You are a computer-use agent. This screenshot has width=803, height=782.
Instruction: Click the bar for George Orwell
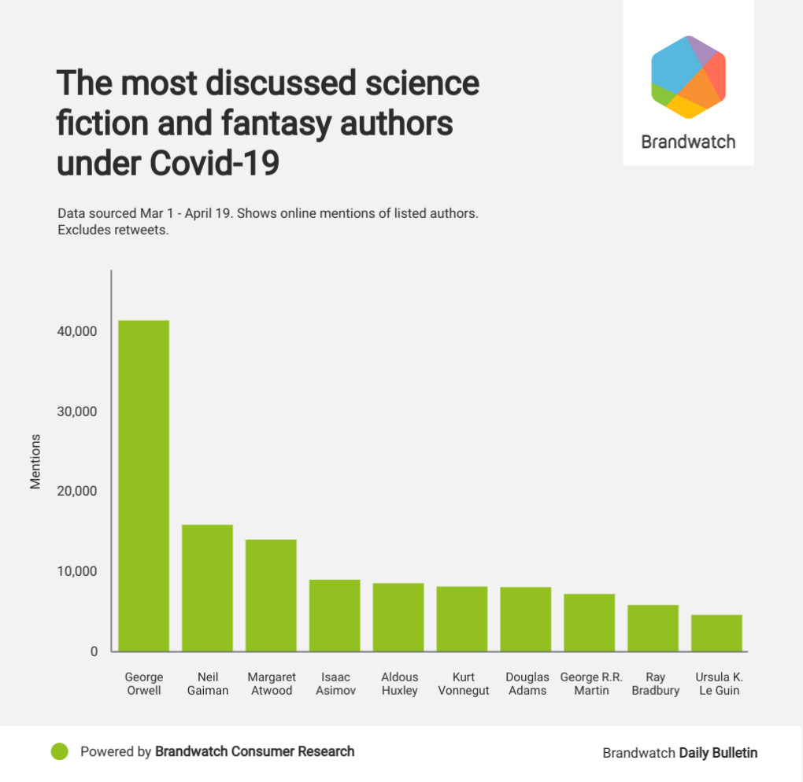pyautogui.click(x=143, y=485)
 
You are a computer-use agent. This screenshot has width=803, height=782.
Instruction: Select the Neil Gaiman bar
pyautogui.click(x=207, y=588)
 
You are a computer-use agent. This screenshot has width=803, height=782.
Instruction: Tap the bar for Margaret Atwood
pyautogui.click(x=271, y=595)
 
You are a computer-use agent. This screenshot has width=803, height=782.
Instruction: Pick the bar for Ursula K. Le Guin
pyautogui.click(x=716, y=633)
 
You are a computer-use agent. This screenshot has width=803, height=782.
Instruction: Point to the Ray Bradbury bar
pyautogui.click(x=653, y=628)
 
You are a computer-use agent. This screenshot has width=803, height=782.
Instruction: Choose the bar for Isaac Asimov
pyautogui.click(x=335, y=615)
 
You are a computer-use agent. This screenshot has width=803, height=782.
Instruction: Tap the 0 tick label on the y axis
pyautogui.click(x=93, y=651)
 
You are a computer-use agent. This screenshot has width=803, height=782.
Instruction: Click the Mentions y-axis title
pyautogui.click(x=35, y=461)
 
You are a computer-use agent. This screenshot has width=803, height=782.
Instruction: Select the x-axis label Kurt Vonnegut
pyautogui.click(x=462, y=684)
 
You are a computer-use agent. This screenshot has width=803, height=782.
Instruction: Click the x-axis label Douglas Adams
pyautogui.click(x=527, y=684)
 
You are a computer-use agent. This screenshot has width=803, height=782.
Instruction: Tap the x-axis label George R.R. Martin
pyautogui.click(x=591, y=684)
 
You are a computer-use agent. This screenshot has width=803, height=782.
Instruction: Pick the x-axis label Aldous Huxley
pyautogui.click(x=399, y=684)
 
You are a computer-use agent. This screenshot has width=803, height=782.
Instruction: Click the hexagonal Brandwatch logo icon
pyautogui.click(x=688, y=77)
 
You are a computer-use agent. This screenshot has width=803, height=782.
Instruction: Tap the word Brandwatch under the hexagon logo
pyautogui.click(x=688, y=142)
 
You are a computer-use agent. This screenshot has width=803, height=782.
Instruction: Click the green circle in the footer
pyautogui.click(x=59, y=752)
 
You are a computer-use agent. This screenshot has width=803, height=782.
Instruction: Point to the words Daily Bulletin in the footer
pyautogui.click(x=718, y=753)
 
